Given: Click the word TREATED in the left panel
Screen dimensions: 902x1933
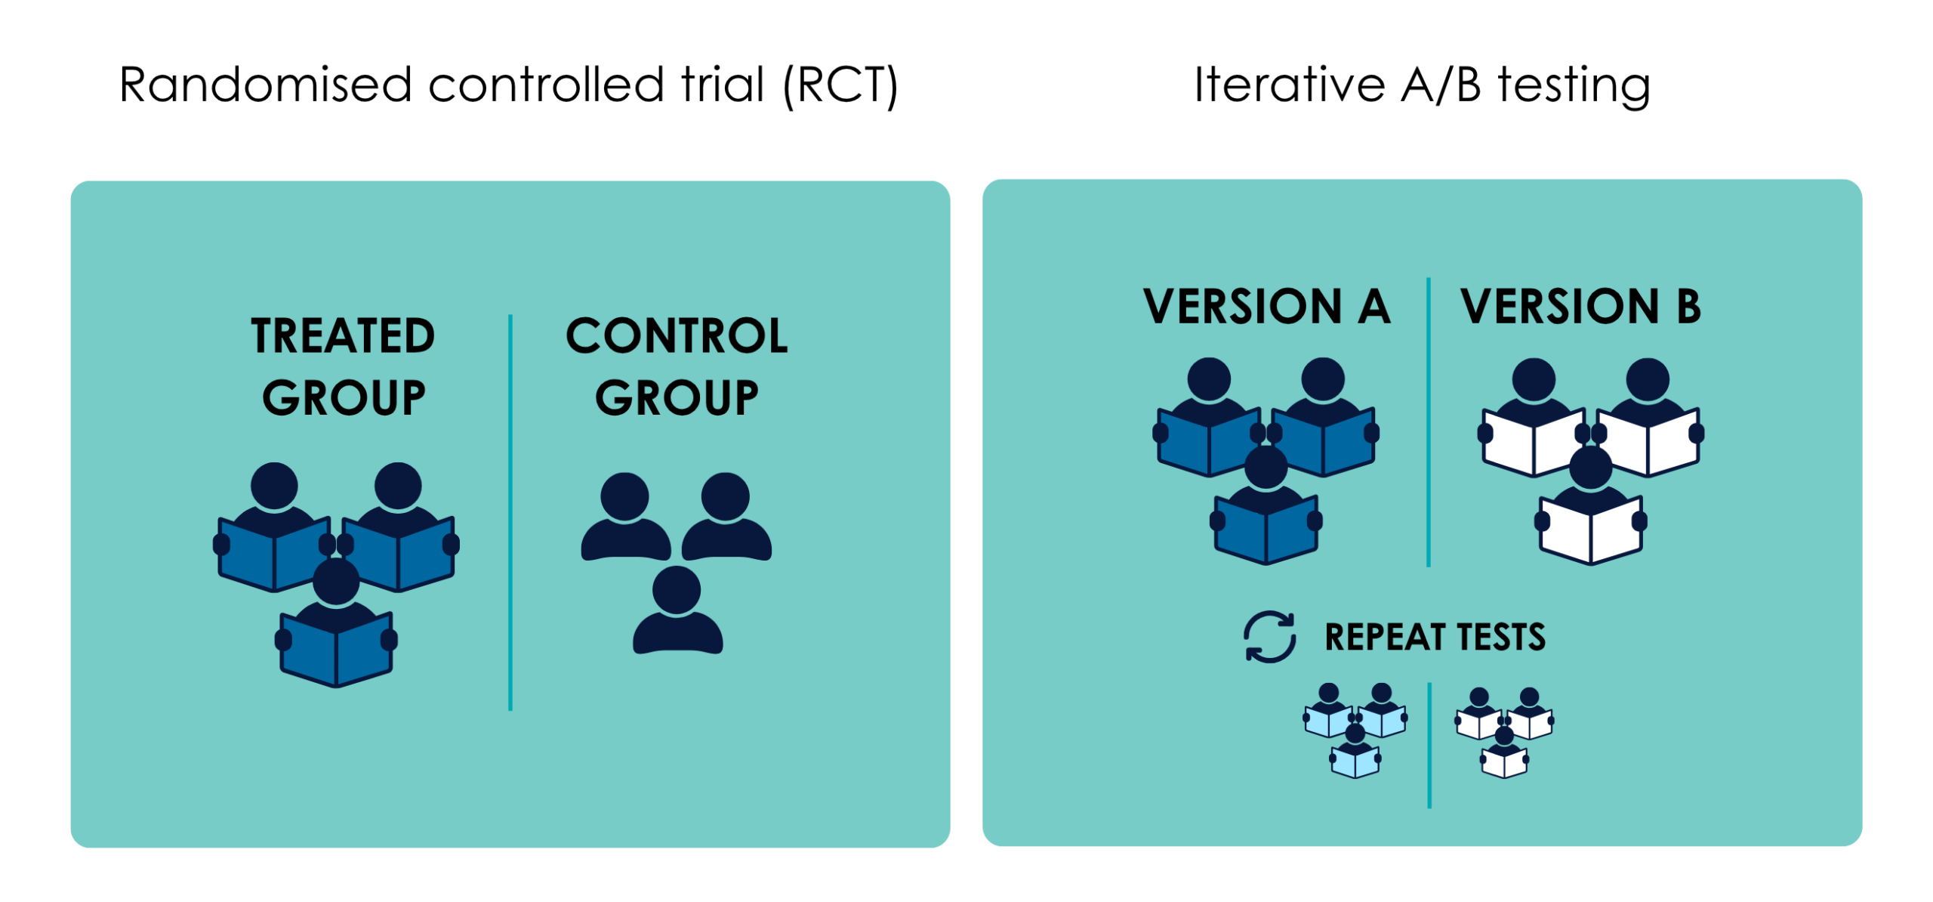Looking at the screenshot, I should coord(343,336).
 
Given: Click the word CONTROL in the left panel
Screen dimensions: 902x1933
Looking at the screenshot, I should coord(677,336).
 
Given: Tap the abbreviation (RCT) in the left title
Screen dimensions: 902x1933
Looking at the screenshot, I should coord(840,85).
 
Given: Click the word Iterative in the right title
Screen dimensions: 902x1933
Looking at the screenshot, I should coord(1288,85).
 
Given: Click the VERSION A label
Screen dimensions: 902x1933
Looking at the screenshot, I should coord(1266,307).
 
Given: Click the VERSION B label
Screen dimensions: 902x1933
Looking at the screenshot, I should coord(1580,307).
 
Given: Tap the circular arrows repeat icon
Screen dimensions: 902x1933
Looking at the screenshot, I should coord(1269,637).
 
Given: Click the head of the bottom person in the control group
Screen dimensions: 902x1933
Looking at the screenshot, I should coord(677,589).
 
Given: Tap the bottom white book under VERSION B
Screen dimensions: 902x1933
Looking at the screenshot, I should coord(1590,530).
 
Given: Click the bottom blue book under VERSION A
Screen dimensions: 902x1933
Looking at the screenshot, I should coord(1266,530).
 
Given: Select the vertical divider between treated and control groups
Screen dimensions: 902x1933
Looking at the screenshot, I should coord(510,514).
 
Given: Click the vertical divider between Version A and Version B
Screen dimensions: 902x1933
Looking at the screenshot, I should coord(1428,423).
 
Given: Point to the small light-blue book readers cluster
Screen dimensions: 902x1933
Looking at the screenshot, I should coord(1355,731).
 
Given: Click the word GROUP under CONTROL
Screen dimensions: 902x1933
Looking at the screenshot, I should coord(677,398).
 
